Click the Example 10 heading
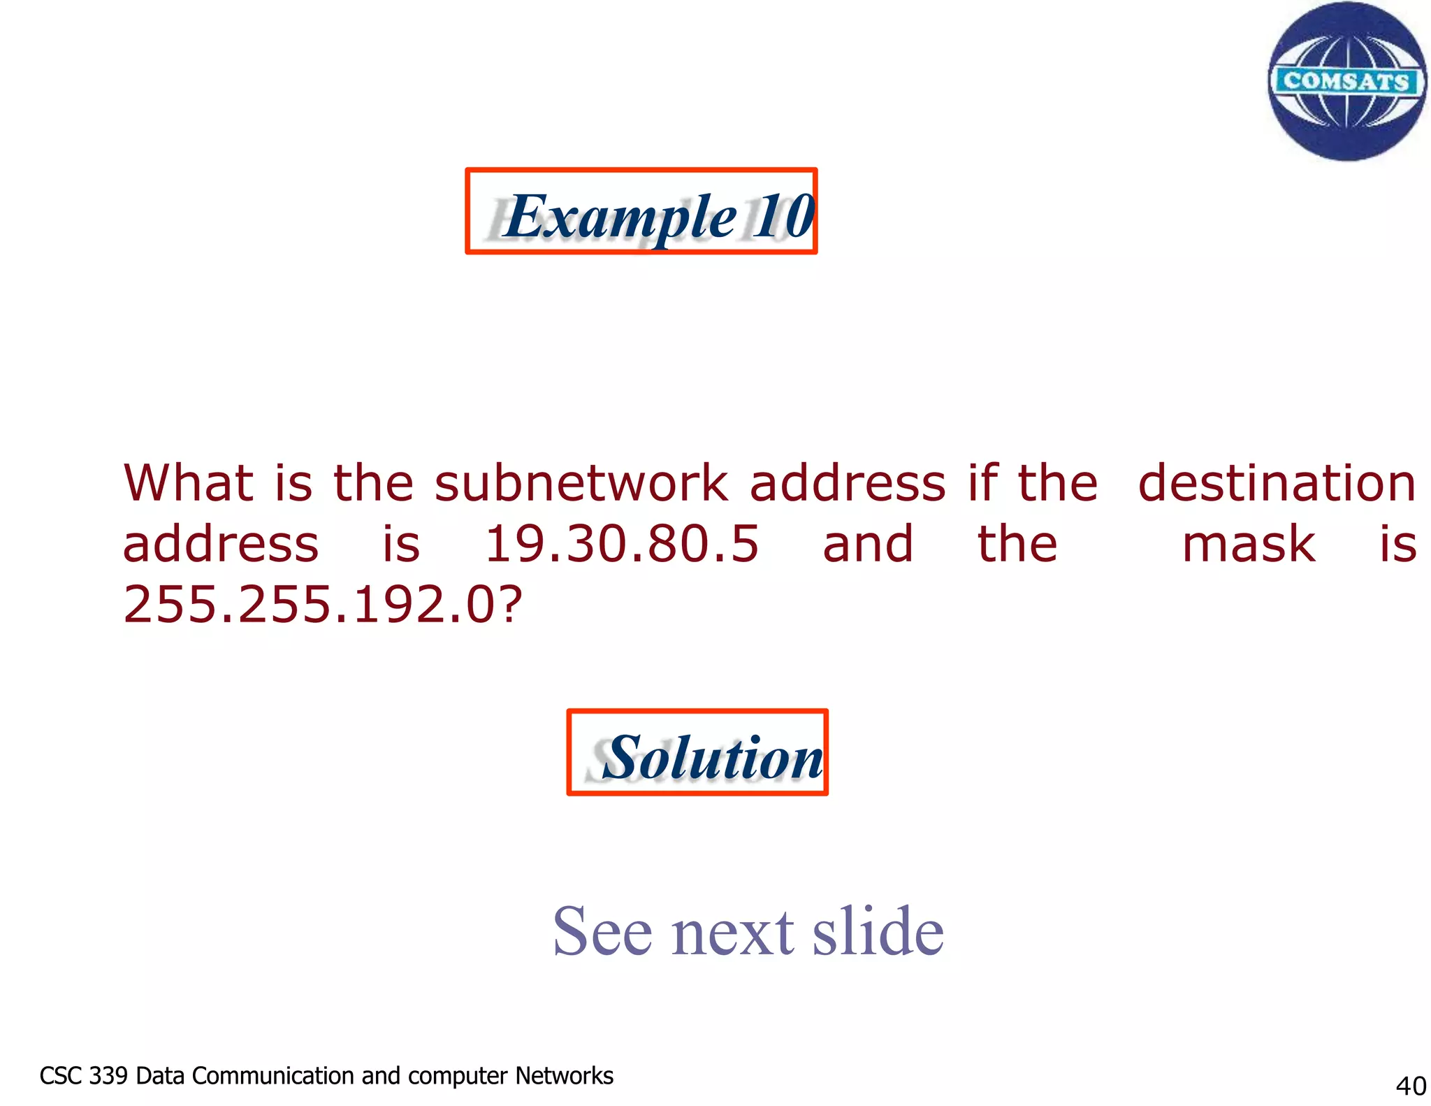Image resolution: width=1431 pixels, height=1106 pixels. click(641, 212)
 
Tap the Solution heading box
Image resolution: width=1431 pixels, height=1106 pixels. click(697, 752)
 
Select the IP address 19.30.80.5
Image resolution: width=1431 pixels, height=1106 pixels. click(621, 544)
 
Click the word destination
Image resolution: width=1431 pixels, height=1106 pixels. click(1277, 484)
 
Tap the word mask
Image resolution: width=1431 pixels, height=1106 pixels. click(1249, 544)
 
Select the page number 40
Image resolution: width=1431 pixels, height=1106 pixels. click(1410, 1086)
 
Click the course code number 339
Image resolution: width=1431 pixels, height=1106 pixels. click(108, 1075)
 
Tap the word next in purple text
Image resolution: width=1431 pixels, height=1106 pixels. click(732, 932)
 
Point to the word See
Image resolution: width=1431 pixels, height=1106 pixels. click(602, 932)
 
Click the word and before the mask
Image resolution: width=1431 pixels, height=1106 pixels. click(867, 544)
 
